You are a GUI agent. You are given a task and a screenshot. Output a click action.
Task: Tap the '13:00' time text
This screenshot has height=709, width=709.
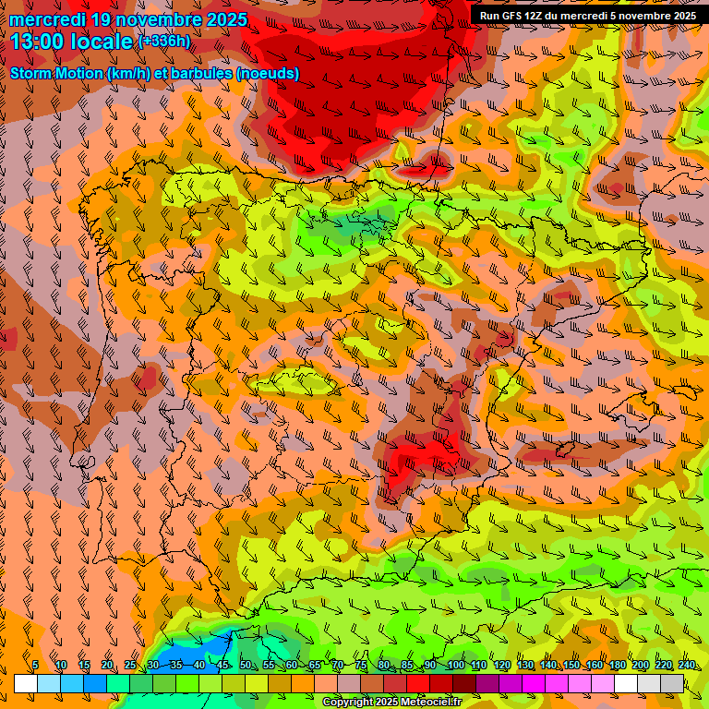[x=37, y=42]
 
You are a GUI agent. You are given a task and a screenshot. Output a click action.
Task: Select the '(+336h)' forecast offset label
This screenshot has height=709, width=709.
[x=164, y=41]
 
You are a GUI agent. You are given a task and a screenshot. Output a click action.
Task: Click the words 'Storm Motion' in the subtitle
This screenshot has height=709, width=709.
[x=56, y=73]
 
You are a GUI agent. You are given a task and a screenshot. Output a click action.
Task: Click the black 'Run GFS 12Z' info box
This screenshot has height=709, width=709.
[x=587, y=15]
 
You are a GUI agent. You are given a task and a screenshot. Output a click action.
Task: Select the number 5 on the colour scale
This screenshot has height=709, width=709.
[x=35, y=666]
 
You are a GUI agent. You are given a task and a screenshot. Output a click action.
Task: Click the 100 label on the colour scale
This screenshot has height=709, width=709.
[x=455, y=666]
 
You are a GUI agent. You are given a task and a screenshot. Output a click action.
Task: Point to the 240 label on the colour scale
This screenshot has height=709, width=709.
[x=686, y=666]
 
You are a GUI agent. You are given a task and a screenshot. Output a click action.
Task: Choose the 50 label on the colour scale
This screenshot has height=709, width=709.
[x=245, y=666]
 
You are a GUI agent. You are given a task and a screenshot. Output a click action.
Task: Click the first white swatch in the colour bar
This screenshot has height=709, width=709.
[x=26, y=683]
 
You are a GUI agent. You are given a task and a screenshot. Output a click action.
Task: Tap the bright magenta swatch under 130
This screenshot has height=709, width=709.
[x=534, y=683]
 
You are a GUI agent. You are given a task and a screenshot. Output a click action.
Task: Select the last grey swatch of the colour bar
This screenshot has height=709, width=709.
[x=672, y=683]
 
